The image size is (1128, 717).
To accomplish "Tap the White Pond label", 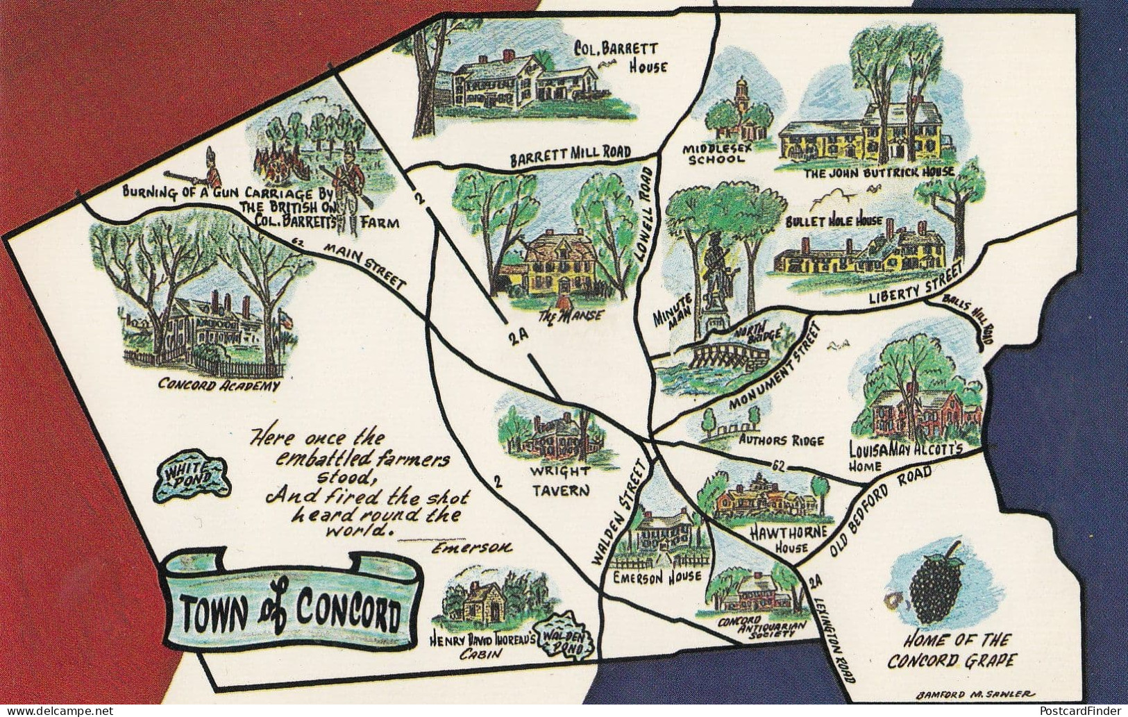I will (192, 478).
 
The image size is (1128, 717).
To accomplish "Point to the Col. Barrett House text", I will (621, 57).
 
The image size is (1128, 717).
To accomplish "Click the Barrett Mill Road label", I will (571, 153).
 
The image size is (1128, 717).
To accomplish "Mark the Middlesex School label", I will (717, 153).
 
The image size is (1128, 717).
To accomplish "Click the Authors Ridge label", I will (781, 440).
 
